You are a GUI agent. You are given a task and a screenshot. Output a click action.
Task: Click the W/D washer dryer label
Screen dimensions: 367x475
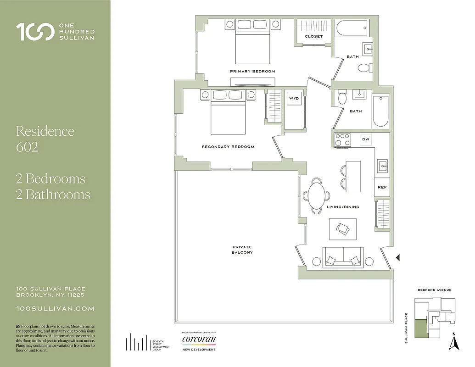click(293, 99)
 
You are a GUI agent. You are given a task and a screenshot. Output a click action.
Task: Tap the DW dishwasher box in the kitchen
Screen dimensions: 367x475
click(366, 139)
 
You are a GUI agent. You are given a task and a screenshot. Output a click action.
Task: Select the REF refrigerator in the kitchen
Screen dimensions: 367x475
click(382, 187)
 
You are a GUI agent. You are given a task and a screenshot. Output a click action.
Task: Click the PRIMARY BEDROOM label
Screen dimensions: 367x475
click(252, 72)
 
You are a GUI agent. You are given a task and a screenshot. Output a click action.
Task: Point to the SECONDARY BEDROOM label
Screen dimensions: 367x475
click(228, 147)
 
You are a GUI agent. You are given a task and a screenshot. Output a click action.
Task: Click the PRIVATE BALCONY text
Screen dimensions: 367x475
click(242, 250)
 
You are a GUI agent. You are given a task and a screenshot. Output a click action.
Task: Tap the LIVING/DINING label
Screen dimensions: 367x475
click(343, 207)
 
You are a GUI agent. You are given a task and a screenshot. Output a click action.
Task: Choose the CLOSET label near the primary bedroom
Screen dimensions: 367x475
click(314, 36)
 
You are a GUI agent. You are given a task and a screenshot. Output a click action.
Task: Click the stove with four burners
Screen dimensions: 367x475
click(342, 139)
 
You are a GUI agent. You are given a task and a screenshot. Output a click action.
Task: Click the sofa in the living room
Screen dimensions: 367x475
click(343, 258)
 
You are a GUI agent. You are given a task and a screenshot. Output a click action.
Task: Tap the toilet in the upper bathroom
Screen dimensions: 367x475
click(364, 68)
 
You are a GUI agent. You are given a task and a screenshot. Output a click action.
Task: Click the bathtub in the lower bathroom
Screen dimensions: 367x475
click(380, 111)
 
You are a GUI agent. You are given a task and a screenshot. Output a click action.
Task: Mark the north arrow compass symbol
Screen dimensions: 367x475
click(454, 342)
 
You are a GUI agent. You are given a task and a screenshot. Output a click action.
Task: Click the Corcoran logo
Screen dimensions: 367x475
click(199, 340)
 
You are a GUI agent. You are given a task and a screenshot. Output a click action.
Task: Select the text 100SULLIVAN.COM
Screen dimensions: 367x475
click(55, 309)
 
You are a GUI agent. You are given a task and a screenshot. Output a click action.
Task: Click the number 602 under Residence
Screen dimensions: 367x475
click(27, 147)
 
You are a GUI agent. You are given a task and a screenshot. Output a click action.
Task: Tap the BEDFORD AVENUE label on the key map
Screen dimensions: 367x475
click(434, 290)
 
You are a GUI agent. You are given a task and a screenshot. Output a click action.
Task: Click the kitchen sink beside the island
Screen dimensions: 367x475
click(382, 165)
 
